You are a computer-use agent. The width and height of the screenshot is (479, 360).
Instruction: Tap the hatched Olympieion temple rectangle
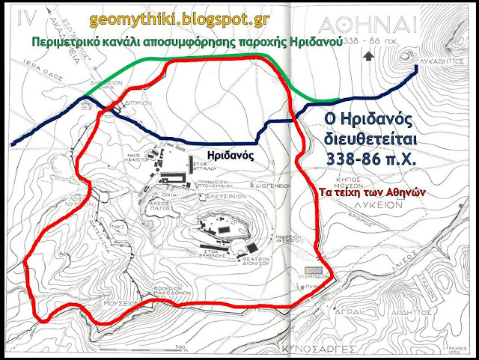click(x=314, y=267)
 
